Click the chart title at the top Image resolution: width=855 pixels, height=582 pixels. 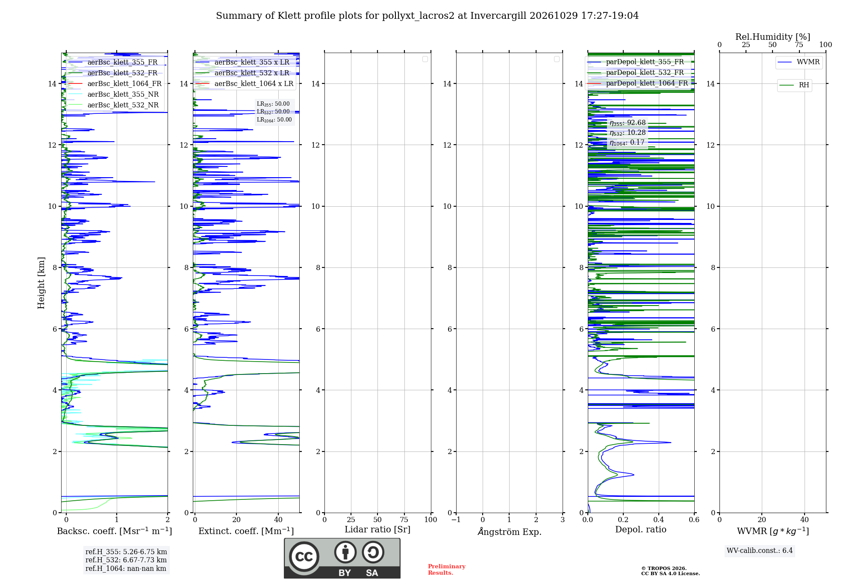427,16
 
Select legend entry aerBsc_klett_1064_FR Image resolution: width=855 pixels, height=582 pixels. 115,83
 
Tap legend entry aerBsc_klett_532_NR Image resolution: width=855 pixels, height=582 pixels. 114,105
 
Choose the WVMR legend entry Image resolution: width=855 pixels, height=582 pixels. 799,62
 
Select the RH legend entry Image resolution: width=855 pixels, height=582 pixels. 795,85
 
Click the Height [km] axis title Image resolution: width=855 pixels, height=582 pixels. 41,283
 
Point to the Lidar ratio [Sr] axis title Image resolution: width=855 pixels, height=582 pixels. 377,529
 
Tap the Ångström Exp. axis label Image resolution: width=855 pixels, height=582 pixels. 510,531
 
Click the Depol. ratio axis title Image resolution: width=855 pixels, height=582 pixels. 641,529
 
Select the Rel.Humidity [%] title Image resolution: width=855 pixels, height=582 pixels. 773,37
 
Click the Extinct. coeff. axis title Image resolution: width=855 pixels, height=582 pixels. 246,531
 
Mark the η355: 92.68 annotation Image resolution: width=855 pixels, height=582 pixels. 628,123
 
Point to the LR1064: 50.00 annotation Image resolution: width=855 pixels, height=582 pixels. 274,120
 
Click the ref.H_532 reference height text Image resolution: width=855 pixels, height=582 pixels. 126,560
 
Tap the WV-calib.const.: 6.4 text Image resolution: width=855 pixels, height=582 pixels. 760,550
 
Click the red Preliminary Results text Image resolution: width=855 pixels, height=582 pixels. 447,570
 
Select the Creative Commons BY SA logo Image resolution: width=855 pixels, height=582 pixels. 342,558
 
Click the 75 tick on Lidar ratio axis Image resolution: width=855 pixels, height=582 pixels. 404,520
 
